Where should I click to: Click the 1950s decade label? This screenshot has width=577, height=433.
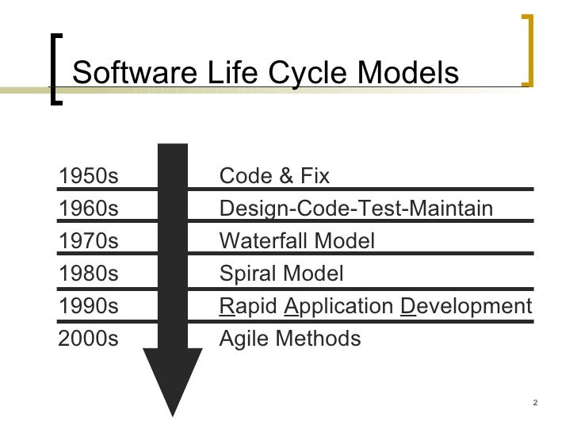pyautogui.click(x=88, y=176)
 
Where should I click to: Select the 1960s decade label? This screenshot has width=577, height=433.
pyautogui.click(x=88, y=209)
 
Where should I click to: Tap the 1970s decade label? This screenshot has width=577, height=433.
pyautogui.click(x=88, y=241)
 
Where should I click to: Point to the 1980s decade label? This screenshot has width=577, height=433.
pyautogui.click(x=88, y=274)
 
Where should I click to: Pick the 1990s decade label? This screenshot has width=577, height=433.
pyautogui.click(x=88, y=307)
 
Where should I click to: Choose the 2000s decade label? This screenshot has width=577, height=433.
pyautogui.click(x=88, y=339)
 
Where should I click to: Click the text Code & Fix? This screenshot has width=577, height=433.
pyautogui.click(x=273, y=176)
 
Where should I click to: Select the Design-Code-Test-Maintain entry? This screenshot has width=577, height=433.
pyautogui.click(x=355, y=209)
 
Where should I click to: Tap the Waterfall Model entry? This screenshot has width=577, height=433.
pyautogui.click(x=296, y=241)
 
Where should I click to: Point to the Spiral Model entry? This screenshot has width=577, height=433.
pyautogui.click(x=281, y=274)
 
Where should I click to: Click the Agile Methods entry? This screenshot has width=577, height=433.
pyautogui.click(x=289, y=339)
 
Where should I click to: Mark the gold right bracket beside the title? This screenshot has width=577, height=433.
pyautogui.click(x=528, y=49)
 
